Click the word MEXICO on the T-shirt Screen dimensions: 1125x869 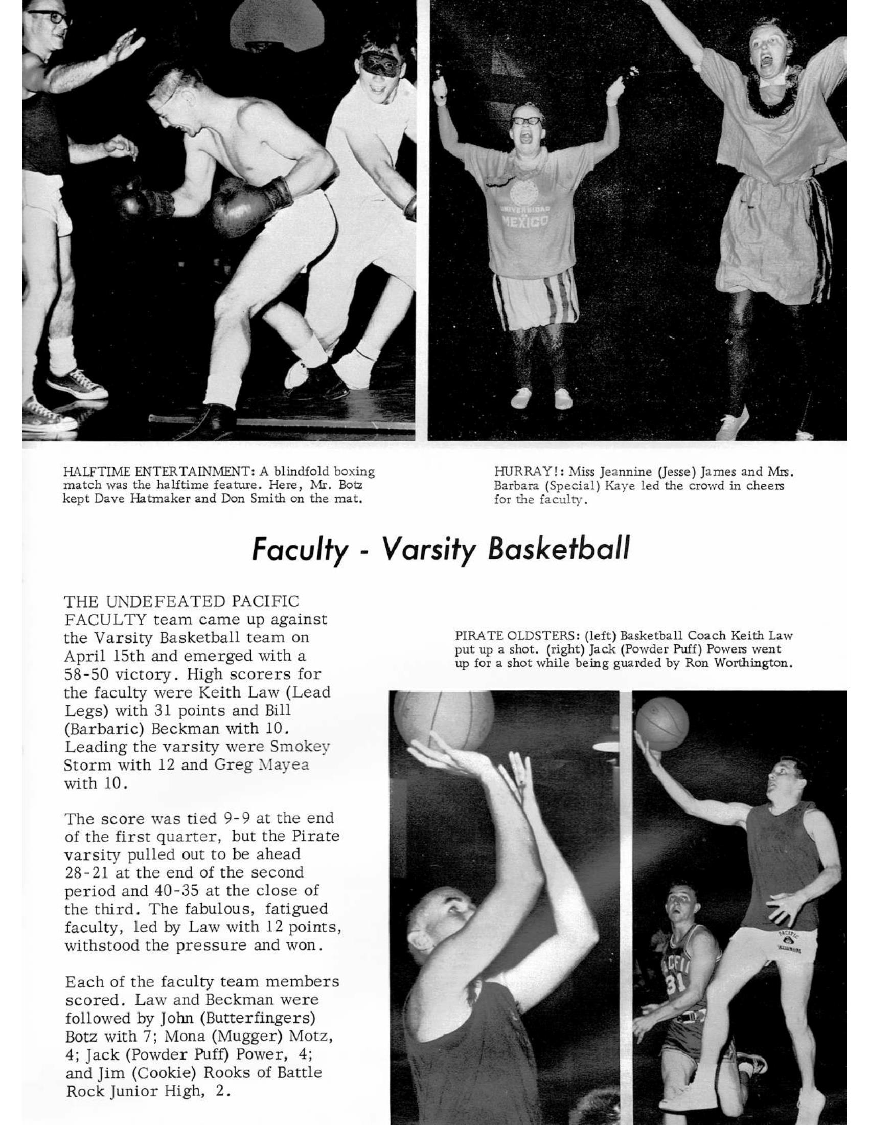coord(524,221)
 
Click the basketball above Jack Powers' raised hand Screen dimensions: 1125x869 coord(662,723)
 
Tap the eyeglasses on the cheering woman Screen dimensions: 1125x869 coord(527,121)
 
